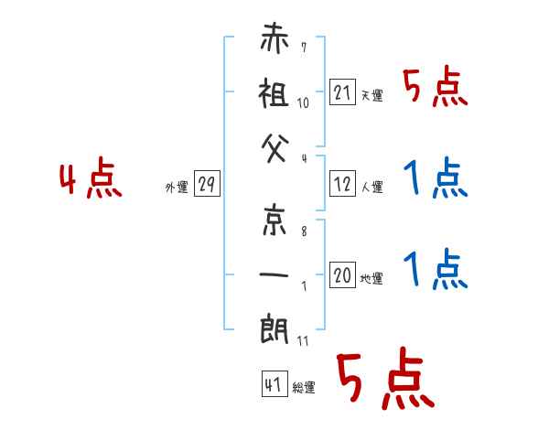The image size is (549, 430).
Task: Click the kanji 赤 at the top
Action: [274, 38]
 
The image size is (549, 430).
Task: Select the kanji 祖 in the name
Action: [274, 92]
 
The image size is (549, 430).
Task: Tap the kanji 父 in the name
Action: [275, 148]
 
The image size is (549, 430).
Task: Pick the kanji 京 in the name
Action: [274, 220]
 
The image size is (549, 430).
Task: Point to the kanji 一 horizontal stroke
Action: [274, 274]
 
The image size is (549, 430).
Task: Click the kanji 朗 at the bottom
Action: [274, 329]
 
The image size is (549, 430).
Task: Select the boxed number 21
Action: [342, 91]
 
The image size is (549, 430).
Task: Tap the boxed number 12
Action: [342, 183]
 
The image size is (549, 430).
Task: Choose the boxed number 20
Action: [342, 274]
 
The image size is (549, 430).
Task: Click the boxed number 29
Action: [207, 183]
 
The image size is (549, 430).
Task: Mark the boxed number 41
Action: [274, 383]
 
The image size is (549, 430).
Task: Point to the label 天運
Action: [372, 95]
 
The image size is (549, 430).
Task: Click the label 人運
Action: [372, 187]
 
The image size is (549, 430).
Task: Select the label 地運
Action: [371, 278]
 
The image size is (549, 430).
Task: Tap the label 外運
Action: [177, 187]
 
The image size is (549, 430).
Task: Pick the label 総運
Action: [304, 387]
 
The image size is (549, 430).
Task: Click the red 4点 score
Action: [91, 177]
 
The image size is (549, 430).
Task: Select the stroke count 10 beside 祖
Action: [303, 103]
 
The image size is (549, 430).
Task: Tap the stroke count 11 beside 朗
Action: [303, 340]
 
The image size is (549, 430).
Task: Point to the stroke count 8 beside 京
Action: [304, 231]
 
